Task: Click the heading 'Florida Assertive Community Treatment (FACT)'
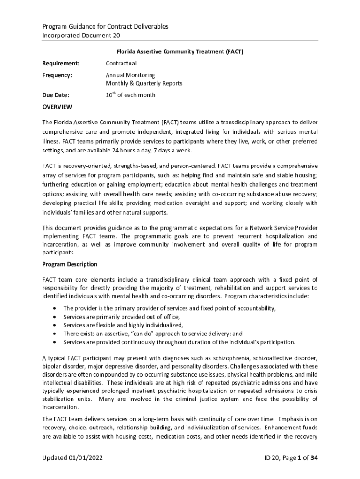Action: click(180, 52)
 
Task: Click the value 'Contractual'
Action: click(121, 64)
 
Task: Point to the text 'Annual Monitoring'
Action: click(130, 75)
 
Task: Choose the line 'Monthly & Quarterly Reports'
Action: click(144, 84)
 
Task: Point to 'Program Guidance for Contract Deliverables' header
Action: click(105, 26)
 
